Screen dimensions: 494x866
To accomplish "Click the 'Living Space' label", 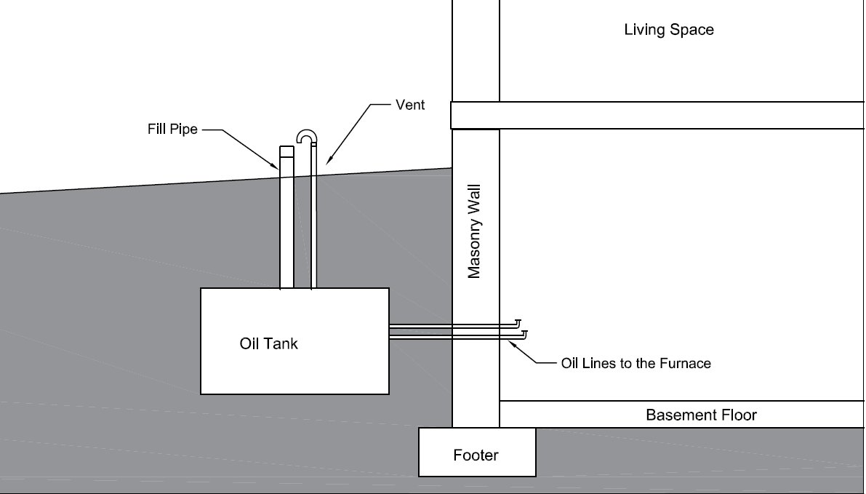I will (x=669, y=30).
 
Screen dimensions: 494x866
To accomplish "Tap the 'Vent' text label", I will (x=410, y=105).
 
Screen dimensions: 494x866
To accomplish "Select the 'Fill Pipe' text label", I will (x=172, y=130).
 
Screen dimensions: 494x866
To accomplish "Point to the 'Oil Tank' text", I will (x=268, y=343).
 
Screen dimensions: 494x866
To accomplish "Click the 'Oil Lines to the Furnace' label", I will (x=636, y=362).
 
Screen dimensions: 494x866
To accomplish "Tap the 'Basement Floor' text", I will (x=701, y=415).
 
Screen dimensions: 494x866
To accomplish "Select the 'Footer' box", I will (x=476, y=455).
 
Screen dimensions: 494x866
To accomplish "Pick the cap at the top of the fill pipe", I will (x=287, y=152).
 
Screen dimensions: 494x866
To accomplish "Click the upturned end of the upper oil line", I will (x=518, y=322).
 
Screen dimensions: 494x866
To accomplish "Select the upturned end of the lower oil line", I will (x=524, y=333).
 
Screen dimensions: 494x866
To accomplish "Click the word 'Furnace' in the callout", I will (x=685, y=362).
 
